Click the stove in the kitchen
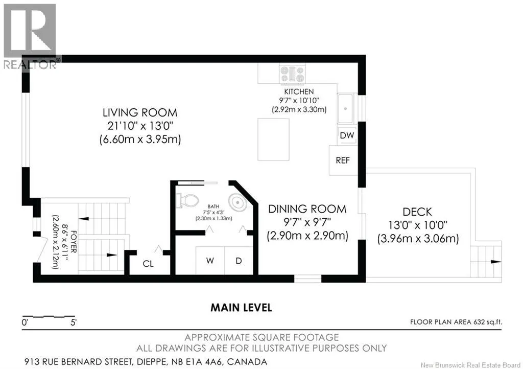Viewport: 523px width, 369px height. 292,74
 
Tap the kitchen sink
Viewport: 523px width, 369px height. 346,108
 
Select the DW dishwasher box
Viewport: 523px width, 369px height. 347,135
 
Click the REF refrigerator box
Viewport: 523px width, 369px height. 343,160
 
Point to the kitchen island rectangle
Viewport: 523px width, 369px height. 273,139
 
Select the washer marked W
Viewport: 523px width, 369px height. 210,261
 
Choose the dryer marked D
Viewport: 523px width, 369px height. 239,261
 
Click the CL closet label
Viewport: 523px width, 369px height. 148,264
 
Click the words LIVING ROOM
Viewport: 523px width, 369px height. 140,112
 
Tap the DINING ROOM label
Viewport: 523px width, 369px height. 307,209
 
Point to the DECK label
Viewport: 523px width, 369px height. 417,212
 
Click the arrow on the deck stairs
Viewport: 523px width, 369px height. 495,262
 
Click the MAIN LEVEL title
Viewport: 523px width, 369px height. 241,307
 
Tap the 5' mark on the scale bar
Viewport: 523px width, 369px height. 73,322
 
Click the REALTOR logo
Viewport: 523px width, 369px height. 30,36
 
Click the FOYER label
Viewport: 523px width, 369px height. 74,242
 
